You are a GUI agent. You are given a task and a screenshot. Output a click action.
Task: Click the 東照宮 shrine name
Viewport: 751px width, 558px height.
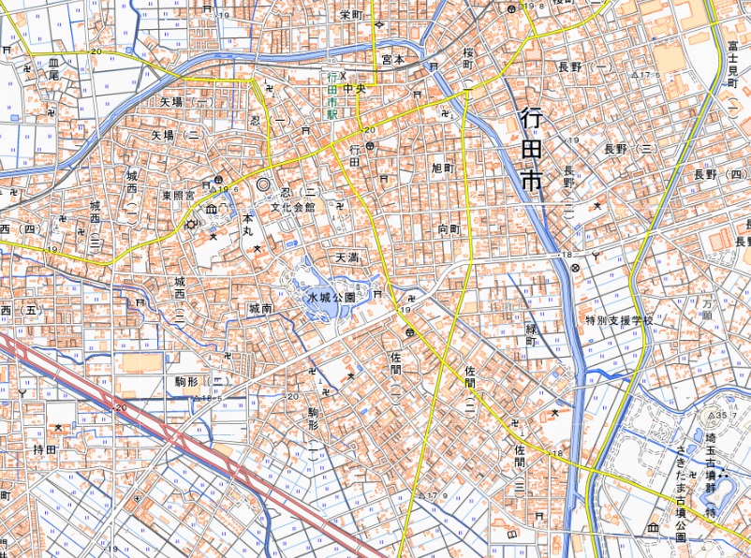[178, 196]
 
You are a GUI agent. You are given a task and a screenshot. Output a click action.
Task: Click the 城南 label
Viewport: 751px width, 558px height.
[260, 308]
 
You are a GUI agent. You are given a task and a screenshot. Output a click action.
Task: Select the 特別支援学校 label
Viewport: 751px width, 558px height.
[619, 319]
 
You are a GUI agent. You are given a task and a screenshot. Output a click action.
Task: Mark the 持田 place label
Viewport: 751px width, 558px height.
[45, 449]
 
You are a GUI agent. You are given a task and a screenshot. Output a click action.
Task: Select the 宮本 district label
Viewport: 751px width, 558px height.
[392, 58]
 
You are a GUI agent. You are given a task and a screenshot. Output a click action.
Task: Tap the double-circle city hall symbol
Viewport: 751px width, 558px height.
[263, 185]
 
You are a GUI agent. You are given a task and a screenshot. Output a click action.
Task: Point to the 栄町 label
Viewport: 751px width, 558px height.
[351, 14]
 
